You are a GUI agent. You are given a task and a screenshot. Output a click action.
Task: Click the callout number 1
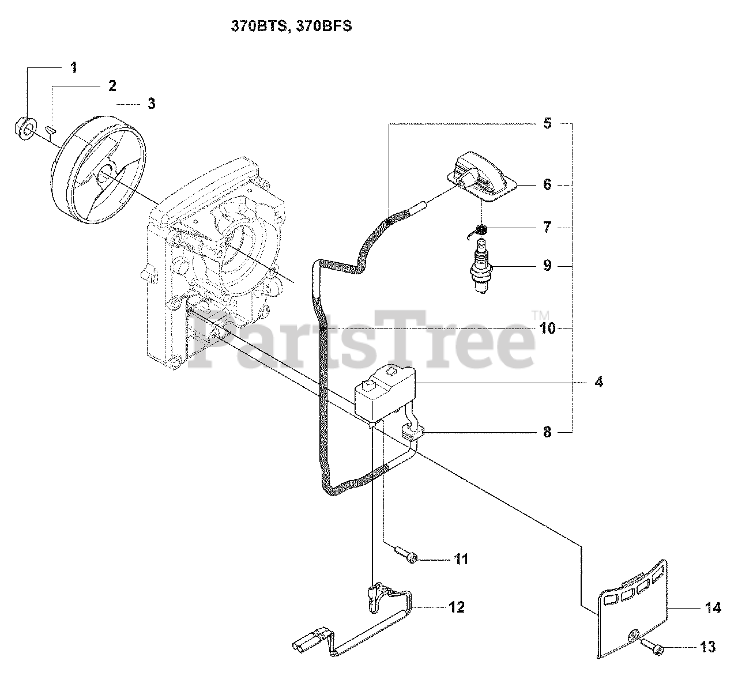point(73,67)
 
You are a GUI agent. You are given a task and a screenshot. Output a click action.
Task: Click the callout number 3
point(151,104)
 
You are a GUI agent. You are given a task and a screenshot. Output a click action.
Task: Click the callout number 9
point(547,266)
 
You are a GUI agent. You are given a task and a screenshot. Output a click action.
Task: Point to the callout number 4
point(598,382)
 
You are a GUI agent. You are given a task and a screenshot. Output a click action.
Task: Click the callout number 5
point(547,123)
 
